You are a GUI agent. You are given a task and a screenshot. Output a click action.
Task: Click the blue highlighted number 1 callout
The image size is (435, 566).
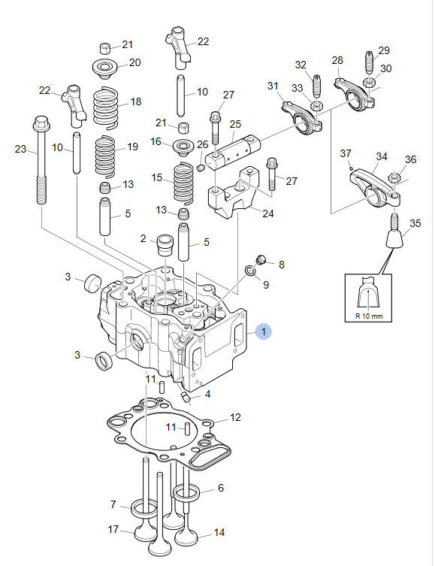click(x=263, y=331)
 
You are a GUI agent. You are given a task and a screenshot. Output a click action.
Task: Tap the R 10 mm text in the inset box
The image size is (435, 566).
click(x=369, y=316)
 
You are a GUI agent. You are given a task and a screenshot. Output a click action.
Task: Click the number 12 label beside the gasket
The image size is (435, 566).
click(x=235, y=417)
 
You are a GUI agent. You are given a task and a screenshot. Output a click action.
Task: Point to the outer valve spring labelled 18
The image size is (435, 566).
click(x=106, y=108)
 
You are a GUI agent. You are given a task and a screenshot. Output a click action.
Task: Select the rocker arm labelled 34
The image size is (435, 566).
click(x=375, y=187)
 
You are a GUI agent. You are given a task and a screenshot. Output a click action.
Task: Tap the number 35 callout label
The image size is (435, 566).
click(x=415, y=223)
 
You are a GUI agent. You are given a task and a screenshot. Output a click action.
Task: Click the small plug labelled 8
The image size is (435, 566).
click(x=261, y=259)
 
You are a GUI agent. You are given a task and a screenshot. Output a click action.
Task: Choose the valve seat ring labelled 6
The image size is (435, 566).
click(x=186, y=491)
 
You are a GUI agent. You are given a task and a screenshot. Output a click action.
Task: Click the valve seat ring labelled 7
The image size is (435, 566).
click(x=144, y=508)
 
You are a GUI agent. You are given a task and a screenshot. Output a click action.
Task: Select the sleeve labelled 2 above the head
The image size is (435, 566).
click(x=164, y=245)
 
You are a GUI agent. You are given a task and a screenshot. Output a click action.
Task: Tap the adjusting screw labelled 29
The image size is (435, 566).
click(x=369, y=62)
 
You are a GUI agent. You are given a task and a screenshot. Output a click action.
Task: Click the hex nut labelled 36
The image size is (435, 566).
click(x=393, y=177)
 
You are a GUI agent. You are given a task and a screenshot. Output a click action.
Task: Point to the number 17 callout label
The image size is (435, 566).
click(x=113, y=529)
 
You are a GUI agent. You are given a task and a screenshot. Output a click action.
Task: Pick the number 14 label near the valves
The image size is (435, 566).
click(x=219, y=532)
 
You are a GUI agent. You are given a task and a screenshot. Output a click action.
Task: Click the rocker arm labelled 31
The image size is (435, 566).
click(x=302, y=118)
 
